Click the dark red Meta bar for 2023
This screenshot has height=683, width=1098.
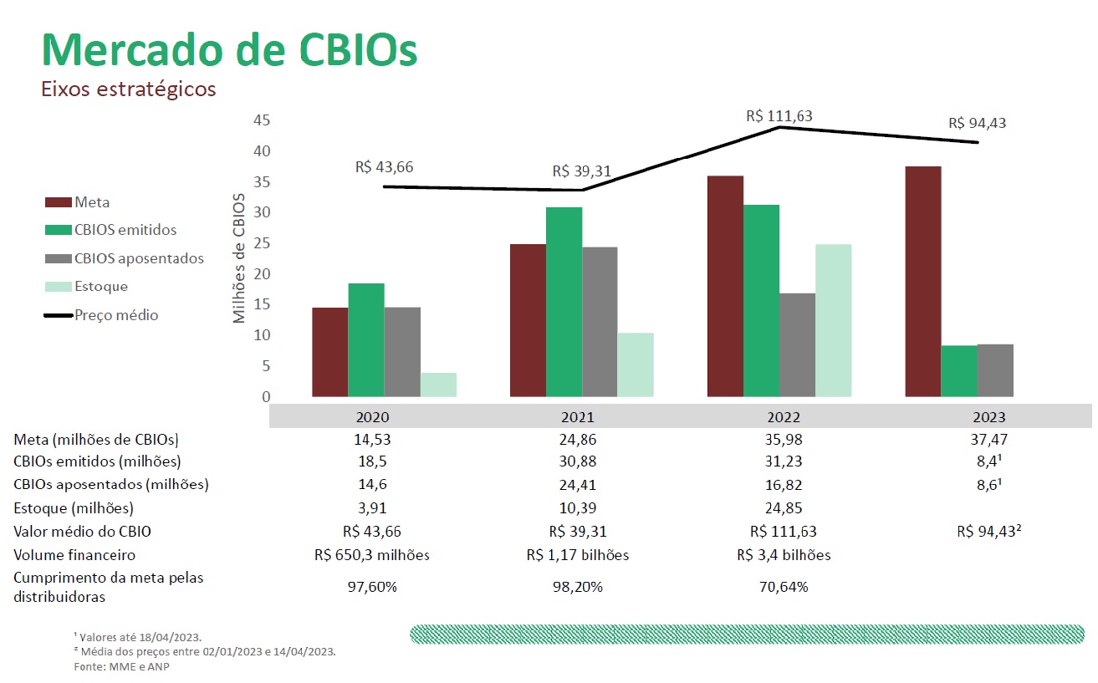[922, 282]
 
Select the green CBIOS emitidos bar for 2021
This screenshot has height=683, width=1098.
[564, 302]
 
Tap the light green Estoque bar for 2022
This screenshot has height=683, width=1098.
[833, 320]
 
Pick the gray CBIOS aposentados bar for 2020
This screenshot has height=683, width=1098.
[402, 352]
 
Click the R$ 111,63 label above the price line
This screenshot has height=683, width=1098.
[779, 116]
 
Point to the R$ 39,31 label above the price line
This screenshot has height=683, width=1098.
[581, 172]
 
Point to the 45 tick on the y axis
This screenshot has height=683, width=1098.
[261, 120]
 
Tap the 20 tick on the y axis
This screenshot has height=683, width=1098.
[261, 274]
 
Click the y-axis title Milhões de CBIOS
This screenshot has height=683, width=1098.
[240, 257]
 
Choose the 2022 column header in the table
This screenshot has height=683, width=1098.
[784, 417]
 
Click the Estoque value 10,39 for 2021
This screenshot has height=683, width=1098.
[577, 508]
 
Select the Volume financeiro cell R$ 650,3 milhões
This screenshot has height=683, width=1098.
[372, 555]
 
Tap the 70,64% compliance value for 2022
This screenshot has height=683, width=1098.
[784, 587]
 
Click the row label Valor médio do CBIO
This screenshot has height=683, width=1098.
[82, 532]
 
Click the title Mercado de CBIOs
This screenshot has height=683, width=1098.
[229, 50]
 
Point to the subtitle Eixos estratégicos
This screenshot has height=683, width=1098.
[129, 89]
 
